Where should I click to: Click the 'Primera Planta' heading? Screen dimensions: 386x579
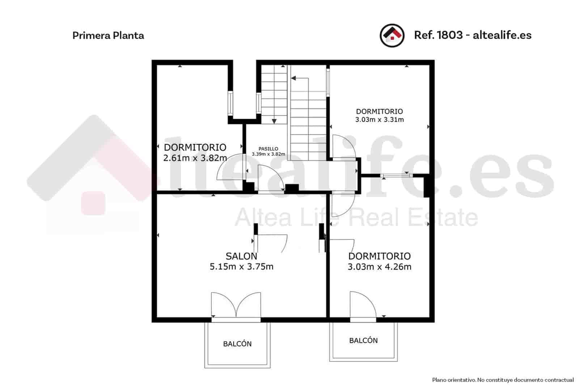pyautogui.click(x=108, y=35)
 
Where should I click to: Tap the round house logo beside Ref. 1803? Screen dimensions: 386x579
pyautogui.click(x=392, y=35)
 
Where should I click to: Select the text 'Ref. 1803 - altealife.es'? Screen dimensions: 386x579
pyautogui.click(x=473, y=35)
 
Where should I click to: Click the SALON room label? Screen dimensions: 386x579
pyautogui.click(x=241, y=256)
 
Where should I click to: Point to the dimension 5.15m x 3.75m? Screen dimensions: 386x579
pyautogui.click(x=241, y=267)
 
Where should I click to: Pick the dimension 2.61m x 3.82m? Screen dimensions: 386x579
pyautogui.click(x=195, y=158)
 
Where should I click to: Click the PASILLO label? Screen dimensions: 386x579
pyautogui.click(x=269, y=149)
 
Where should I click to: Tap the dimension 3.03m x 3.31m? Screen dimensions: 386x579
pyautogui.click(x=379, y=119)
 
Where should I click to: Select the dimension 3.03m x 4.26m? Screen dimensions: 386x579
pyautogui.click(x=379, y=267)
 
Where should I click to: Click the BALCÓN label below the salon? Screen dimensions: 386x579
pyautogui.click(x=237, y=344)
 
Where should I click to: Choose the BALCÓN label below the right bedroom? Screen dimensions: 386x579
pyautogui.click(x=363, y=340)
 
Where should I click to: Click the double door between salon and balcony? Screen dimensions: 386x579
pyautogui.click(x=236, y=306)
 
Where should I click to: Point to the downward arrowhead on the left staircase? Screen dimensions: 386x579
pyautogui.click(x=274, y=121)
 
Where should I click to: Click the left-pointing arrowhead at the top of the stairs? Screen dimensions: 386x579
pyautogui.click(x=293, y=78)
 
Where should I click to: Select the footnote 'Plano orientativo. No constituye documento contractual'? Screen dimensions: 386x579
pyautogui.click(x=503, y=380)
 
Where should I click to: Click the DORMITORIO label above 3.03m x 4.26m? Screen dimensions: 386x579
pyautogui.click(x=379, y=256)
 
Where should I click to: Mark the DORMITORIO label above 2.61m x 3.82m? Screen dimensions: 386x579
pyautogui.click(x=195, y=147)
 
